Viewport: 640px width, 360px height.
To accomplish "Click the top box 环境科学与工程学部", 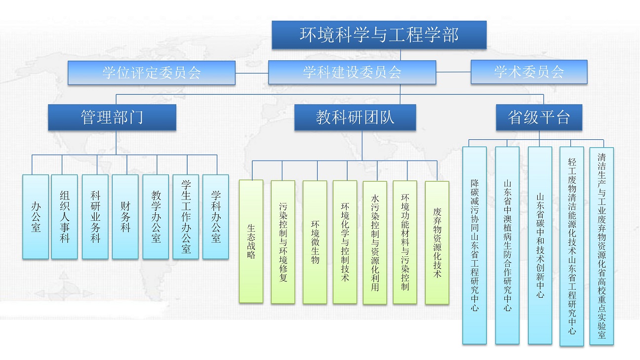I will [x=379, y=35].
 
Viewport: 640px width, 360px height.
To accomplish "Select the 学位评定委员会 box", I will [x=152, y=73].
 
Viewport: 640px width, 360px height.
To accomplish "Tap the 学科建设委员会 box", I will [x=352, y=73].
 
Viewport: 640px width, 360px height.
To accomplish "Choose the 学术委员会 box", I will [x=529, y=72].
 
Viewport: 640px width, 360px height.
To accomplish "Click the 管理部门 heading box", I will [x=112, y=117].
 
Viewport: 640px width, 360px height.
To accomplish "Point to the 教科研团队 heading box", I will [x=355, y=118].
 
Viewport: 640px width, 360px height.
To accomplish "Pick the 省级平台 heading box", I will [x=539, y=117].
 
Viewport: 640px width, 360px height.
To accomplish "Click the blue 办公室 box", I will [x=36, y=217].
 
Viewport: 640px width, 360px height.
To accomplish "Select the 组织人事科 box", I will [x=65, y=217].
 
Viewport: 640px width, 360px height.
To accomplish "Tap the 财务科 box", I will [x=125, y=217].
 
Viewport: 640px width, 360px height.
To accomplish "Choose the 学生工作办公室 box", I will [x=186, y=217].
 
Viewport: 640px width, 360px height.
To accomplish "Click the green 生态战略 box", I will [x=251, y=241].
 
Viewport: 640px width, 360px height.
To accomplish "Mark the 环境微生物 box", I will [x=315, y=242].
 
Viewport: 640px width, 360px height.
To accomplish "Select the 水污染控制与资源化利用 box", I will [x=375, y=242].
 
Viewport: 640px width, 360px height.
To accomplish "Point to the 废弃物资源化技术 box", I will [x=437, y=242].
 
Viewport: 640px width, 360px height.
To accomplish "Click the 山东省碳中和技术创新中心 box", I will [x=540, y=245].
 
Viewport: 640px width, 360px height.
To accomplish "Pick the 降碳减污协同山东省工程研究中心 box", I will [x=475, y=245].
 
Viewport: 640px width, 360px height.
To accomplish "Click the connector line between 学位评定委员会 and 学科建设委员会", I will [x=252, y=73].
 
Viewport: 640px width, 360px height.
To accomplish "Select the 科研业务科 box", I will [x=95, y=217].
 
